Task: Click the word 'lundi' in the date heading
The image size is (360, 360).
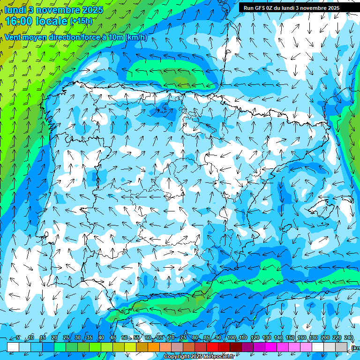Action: tap(15, 10)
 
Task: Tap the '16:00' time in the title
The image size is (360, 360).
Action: tap(21, 21)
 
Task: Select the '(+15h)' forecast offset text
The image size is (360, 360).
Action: tap(81, 21)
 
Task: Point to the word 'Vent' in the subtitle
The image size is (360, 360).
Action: tap(14, 37)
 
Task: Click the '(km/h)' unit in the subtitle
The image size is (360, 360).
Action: tap(136, 37)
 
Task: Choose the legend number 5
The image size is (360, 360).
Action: tap(18, 338)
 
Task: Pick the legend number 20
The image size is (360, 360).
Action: tap(54, 338)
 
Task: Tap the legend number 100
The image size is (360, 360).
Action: tap(232, 338)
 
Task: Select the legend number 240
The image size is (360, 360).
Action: tap(349, 338)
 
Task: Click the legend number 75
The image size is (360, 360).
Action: tap(183, 338)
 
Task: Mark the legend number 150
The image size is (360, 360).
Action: tap(290, 338)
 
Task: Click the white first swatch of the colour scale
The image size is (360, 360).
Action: tap(13, 346)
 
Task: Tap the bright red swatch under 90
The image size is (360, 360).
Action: tap(212, 346)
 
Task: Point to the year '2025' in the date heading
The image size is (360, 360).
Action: tap(92, 10)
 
